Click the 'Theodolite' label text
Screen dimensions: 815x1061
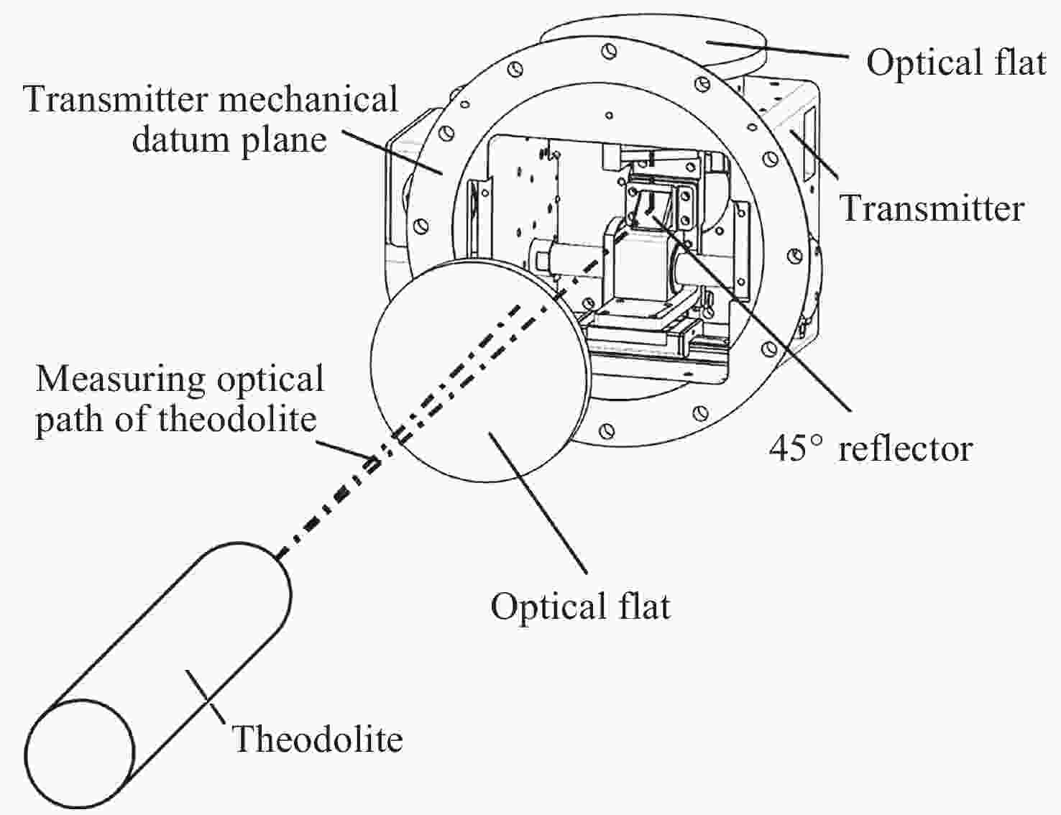(317, 739)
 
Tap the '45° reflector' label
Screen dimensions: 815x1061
(871, 448)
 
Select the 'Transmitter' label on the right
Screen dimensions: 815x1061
(932, 208)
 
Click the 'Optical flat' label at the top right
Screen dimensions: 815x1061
(955, 62)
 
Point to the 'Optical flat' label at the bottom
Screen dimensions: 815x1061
(580, 606)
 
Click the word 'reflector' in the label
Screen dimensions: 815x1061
(905, 448)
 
